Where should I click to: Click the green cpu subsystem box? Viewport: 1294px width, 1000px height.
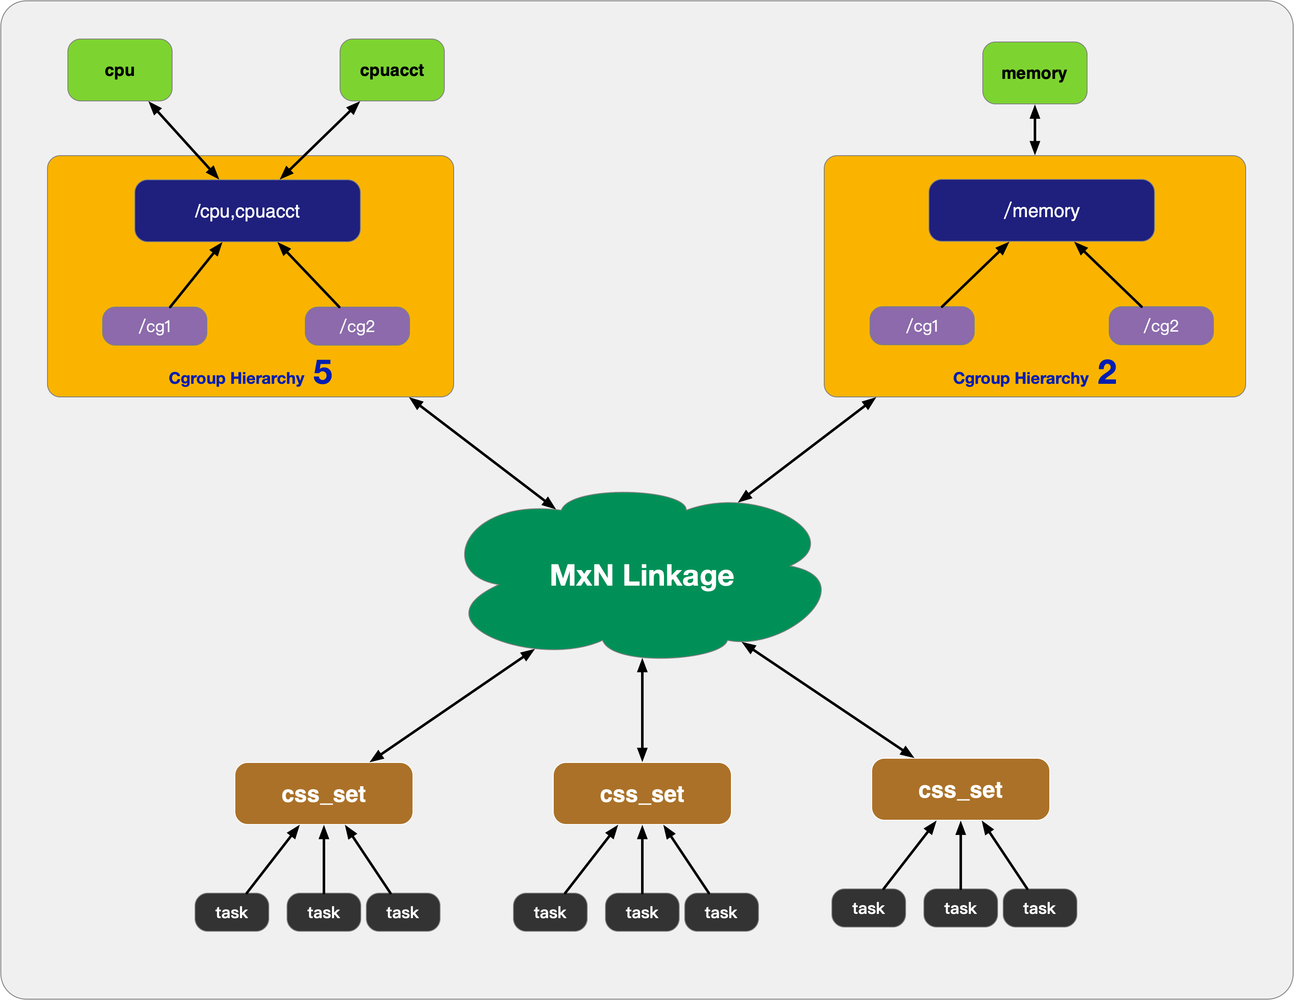(120, 70)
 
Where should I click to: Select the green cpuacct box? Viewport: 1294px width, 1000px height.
(392, 70)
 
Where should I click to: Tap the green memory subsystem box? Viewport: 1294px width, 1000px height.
(1035, 73)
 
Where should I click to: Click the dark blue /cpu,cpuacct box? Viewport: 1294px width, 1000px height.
(247, 211)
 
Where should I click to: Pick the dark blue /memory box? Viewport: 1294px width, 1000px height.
(1041, 210)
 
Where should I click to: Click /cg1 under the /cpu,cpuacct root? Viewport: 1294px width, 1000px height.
(155, 326)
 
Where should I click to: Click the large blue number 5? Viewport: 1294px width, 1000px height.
(322, 372)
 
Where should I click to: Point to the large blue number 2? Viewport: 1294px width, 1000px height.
(1107, 372)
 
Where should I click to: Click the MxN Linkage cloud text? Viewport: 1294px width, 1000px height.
(641, 575)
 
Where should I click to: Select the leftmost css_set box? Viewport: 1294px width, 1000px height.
(323, 794)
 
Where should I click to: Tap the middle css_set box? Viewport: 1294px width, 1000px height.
(641, 794)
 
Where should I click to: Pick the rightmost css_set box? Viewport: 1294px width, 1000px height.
(960, 790)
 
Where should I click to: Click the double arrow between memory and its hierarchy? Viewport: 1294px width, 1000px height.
(1035, 130)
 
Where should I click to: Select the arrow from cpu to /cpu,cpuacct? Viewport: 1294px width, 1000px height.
(184, 140)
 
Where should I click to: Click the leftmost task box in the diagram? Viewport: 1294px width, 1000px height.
(231, 912)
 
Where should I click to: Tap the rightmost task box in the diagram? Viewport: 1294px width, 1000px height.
(1039, 908)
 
